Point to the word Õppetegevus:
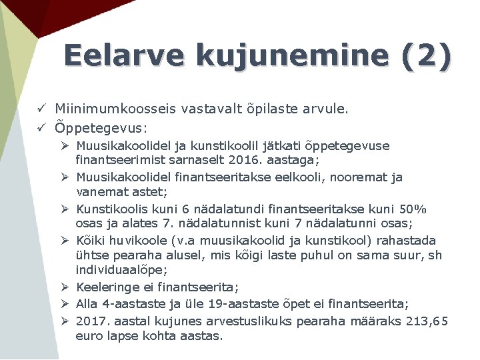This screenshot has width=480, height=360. click(x=101, y=127)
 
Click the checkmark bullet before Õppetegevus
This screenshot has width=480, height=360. click(x=41, y=127)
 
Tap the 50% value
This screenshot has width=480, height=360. click(x=413, y=209)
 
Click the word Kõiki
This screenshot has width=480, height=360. click(x=90, y=240)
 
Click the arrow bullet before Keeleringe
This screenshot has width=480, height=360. click(x=66, y=287)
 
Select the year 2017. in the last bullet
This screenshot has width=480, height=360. click(x=93, y=321)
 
